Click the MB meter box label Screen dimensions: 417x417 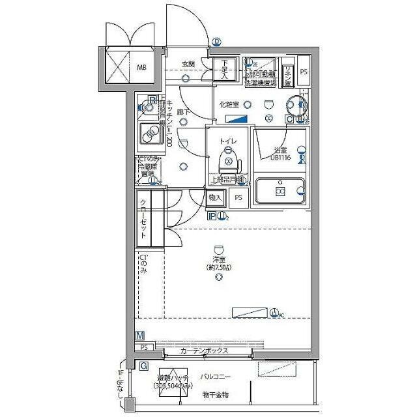point(141,66)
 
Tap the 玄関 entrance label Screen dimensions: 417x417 point(188,64)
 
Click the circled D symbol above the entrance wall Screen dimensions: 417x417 point(216,43)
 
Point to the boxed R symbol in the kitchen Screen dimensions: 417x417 point(152,100)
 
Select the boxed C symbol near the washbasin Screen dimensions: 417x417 point(289,119)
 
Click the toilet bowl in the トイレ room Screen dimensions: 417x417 point(228,158)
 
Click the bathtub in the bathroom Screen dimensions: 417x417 point(279,192)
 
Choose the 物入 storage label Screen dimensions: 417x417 point(216,198)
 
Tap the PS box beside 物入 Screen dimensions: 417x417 point(238,198)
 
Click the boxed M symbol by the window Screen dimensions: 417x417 point(141,336)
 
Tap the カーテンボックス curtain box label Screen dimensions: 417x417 point(204,351)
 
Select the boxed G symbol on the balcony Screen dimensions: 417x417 point(142,366)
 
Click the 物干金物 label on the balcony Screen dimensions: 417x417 point(216,394)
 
